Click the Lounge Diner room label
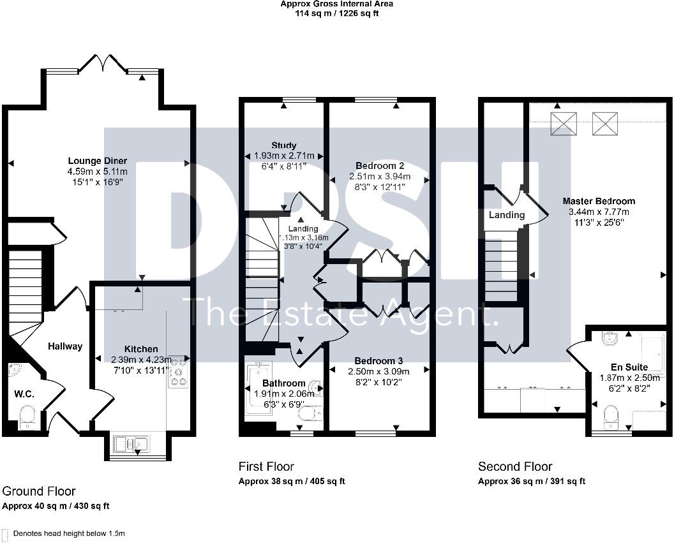pos(98,161)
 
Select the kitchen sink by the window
pos(130,443)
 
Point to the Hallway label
pos(65,346)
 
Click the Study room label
pos(283,145)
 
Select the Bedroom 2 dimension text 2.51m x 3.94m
pos(380,177)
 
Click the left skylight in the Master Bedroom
pos(564,123)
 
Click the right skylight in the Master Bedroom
pos(604,123)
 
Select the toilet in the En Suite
pos(611,418)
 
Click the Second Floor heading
pos(515,466)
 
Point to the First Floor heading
pos(266,466)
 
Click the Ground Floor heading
pos(39,491)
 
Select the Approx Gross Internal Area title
pos(337,4)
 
